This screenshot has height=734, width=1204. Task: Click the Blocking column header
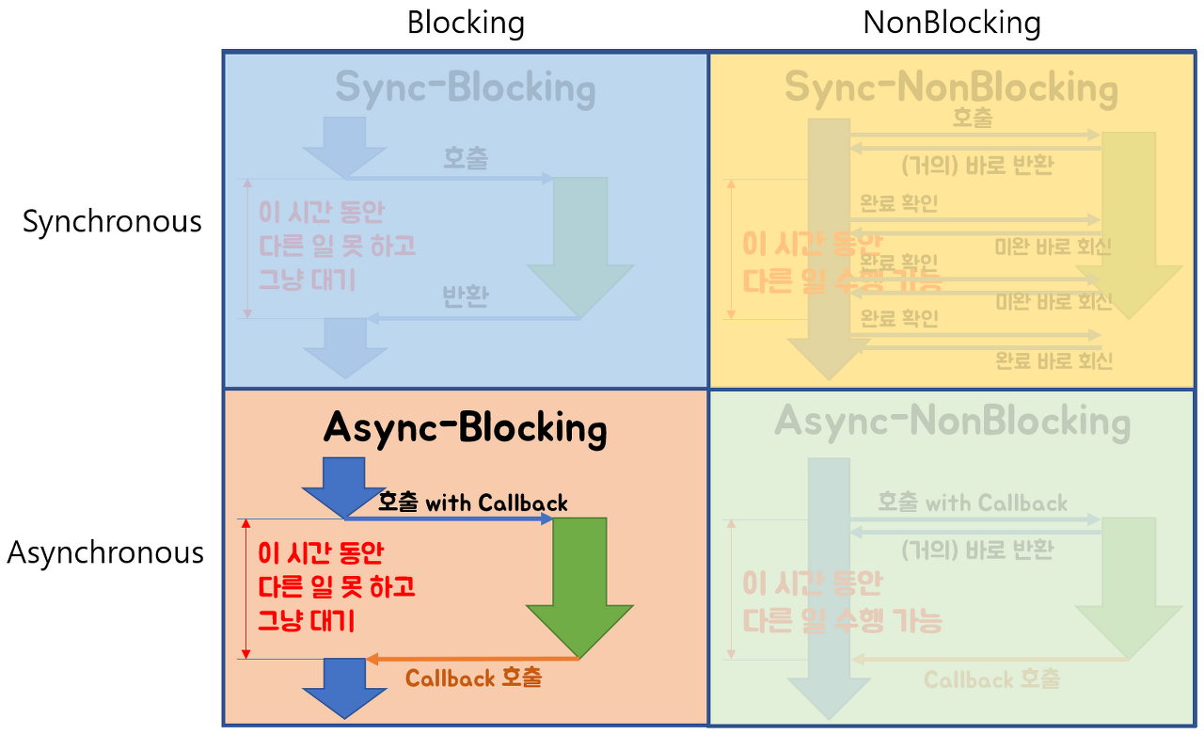pos(466,23)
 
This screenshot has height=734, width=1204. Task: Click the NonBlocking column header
pos(952,23)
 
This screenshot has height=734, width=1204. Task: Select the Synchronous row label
pos(112,221)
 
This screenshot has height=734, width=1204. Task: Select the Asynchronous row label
pos(105,552)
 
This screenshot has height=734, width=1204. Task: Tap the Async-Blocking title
pos(466,428)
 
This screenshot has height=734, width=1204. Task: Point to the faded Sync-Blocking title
pos(466,88)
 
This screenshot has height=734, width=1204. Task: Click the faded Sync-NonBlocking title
pos(951,88)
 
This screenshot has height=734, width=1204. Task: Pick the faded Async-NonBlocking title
pos(952,423)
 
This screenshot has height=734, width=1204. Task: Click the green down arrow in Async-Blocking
pos(579,583)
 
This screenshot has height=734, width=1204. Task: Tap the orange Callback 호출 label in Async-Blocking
pos(473,678)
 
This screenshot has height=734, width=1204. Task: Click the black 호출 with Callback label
pos(473,503)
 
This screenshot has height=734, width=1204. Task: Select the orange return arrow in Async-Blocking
pos(470,659)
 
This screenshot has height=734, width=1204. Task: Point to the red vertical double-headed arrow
pos(246,588)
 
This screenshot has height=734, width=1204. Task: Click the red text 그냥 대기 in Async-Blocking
pos(307,621)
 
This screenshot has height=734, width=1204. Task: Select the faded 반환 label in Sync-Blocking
pos(466,297)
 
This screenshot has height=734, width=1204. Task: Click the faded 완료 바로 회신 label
pos(1053,360)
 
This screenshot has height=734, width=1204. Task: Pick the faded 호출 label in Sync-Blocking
pos(466,158)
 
